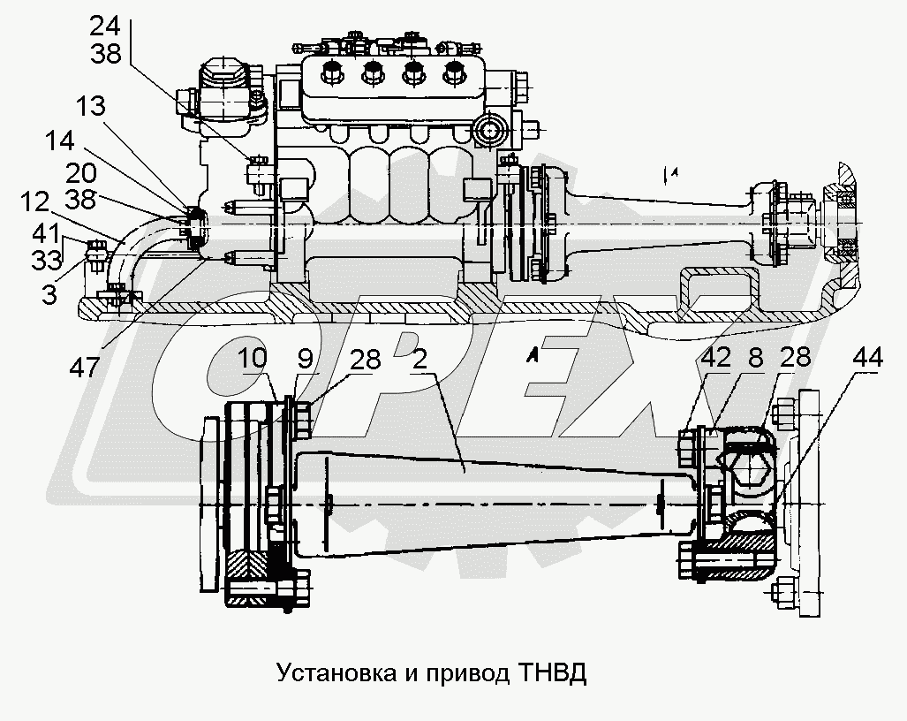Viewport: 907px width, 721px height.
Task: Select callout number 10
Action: click(252, 360)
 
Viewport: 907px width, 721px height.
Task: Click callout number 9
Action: click(304, 360)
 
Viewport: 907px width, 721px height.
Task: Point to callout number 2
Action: click(420, 360)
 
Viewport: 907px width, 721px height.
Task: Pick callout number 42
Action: click(716, 360)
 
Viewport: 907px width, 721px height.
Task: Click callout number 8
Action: click(755, 360)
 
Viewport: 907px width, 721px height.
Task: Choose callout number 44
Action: click(870, 360)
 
